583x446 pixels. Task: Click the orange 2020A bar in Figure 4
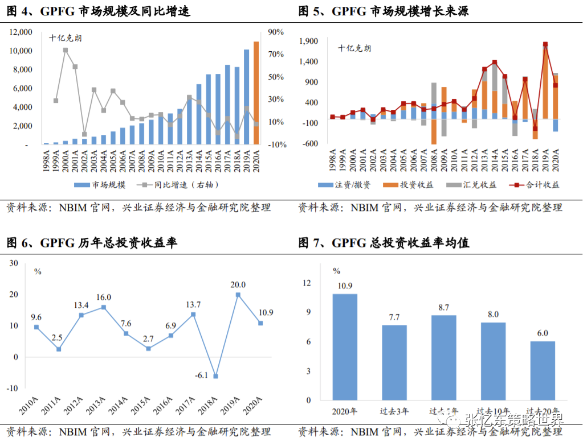(256, 93)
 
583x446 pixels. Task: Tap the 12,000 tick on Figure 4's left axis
(21, 32)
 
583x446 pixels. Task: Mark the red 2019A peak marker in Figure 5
(545, 44)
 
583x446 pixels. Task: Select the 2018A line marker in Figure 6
(216, 376)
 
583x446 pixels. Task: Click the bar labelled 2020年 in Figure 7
(345, 347)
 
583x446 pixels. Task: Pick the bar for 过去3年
(394, 362)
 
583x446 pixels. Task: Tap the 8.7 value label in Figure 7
(443, 307)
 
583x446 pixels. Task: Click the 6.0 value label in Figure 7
(542, 333)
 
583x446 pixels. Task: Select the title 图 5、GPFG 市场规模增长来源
(384, 11)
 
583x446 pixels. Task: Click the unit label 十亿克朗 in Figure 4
(65, 39)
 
